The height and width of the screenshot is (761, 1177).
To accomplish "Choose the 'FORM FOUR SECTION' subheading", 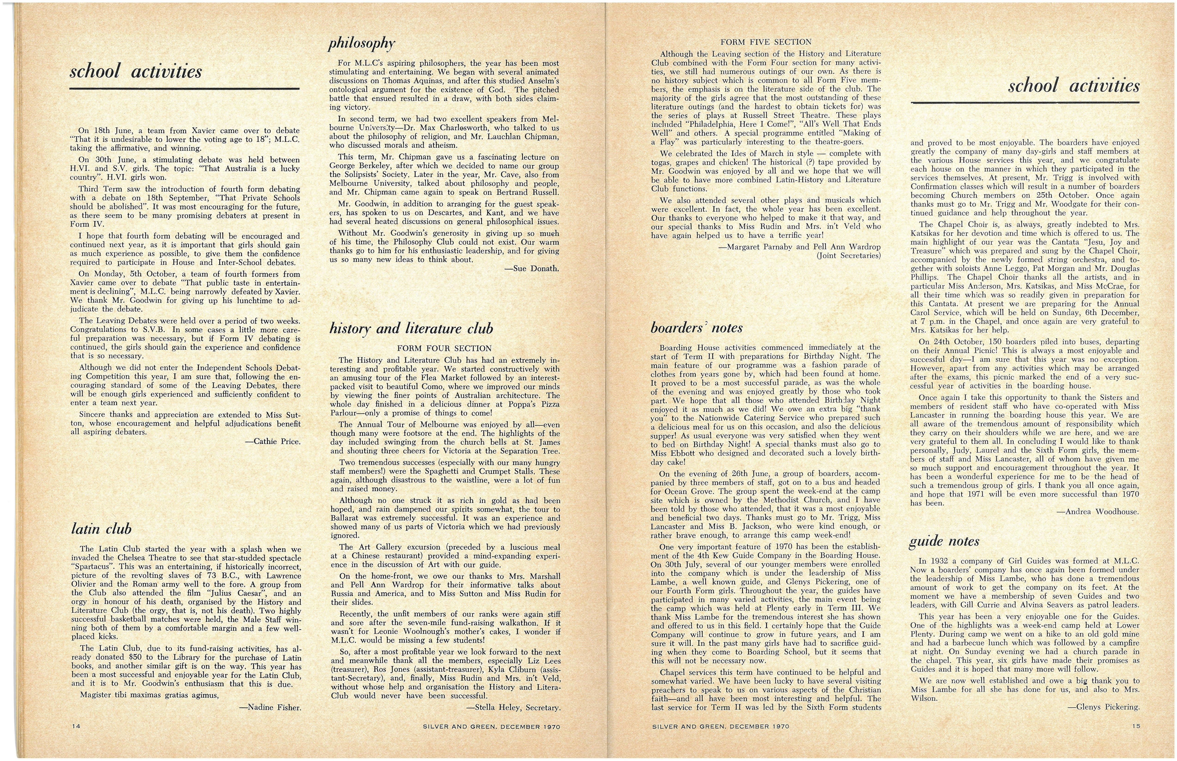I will coord(444,348).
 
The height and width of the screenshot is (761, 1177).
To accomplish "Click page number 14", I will coord(76,726).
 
